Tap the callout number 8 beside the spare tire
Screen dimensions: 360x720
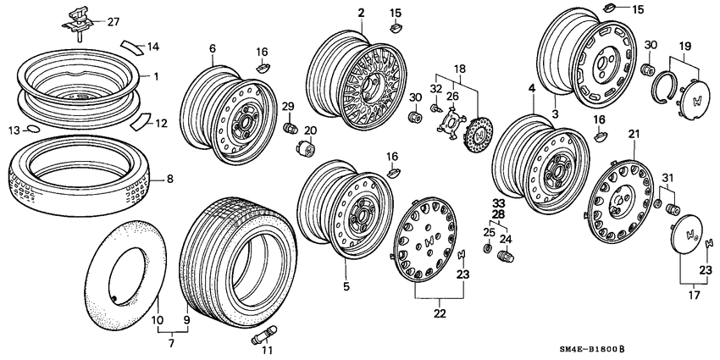(x=169, y=179)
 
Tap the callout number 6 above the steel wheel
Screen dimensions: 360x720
(x=213, y=50)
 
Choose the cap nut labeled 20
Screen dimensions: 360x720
(x=306, y=151)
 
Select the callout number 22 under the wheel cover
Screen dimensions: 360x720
(x=440, y=314)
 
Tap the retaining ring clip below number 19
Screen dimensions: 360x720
(x=666, y=86)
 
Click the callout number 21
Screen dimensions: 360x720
(x=634, y=134)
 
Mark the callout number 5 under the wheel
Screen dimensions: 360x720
(x=346, y=286)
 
